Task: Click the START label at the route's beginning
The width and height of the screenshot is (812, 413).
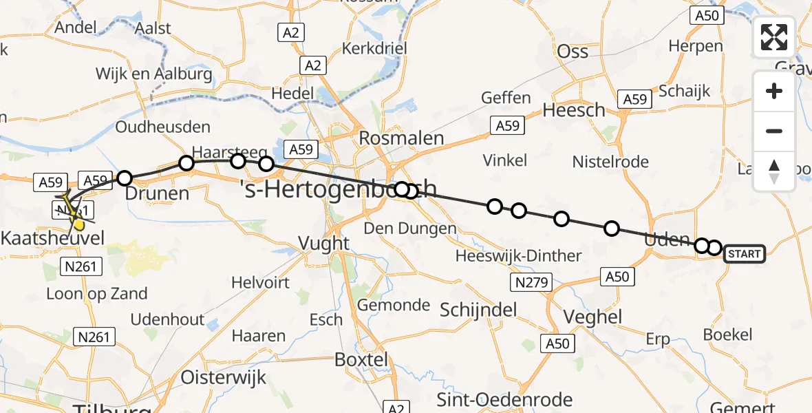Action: tap(744, 254)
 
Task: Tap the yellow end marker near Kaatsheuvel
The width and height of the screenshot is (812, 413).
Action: tap(78, 224)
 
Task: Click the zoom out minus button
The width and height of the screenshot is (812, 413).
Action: tap(774, 131)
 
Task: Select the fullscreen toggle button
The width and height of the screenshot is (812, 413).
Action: tap(774, 37)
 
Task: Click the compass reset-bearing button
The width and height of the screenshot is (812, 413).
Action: tap(774, 171)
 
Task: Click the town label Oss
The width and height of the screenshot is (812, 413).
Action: tap(573, 52)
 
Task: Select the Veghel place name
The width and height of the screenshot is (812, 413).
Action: tap(592, 317)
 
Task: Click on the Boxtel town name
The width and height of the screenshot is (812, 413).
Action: tap(361, 359)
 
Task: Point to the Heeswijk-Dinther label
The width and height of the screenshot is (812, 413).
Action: tap(519, 256)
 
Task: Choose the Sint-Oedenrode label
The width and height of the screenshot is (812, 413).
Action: tap(504, 400)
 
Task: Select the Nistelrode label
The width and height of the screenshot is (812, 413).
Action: tap(610, 162)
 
